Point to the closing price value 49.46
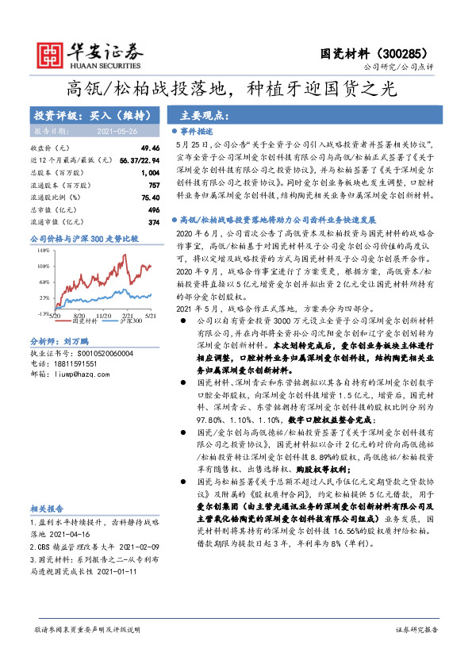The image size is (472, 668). point(150,148)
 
